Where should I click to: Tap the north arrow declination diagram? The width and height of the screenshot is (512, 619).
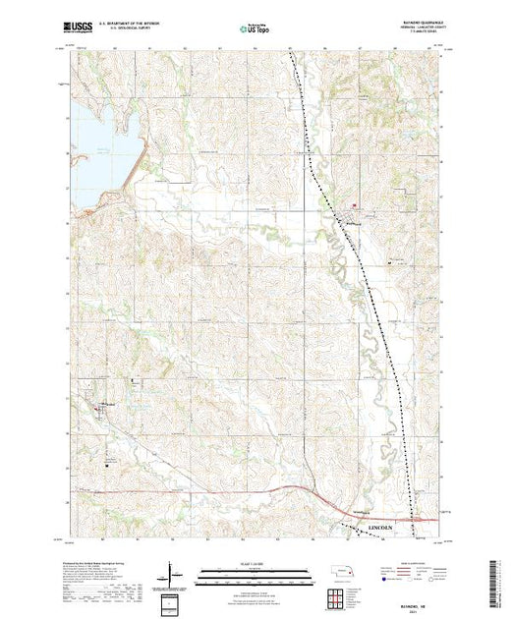click(x=174, y=570)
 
